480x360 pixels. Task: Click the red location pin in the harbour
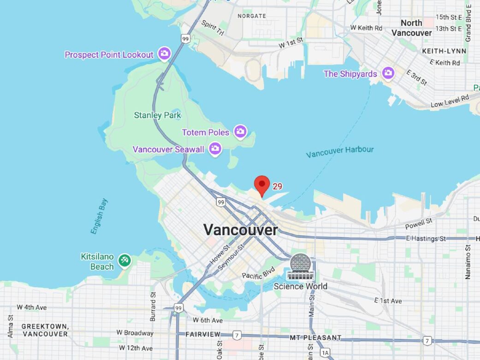pos(262,185)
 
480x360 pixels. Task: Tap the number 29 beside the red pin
pos(277,186)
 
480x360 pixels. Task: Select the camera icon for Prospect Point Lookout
pos(164,54)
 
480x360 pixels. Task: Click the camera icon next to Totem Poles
pos(240,132)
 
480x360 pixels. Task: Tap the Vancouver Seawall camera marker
pos(214,149)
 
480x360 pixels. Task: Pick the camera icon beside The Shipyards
pos(388,73)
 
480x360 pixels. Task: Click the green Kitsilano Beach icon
pos(124,260)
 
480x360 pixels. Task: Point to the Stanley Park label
pos(157,115)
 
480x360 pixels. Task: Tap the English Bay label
pos(99,216)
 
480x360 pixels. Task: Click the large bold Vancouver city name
pos(241,230)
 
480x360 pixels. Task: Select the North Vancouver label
pos(411,28)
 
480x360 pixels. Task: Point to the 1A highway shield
pos(326,353)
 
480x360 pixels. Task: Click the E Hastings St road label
pos(426,238)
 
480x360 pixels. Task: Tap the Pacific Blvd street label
pos(258,272)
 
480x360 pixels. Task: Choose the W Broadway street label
pos(135,332)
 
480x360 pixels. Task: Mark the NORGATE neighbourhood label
pos(251,16)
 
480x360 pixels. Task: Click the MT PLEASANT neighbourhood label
pos(315,338)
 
